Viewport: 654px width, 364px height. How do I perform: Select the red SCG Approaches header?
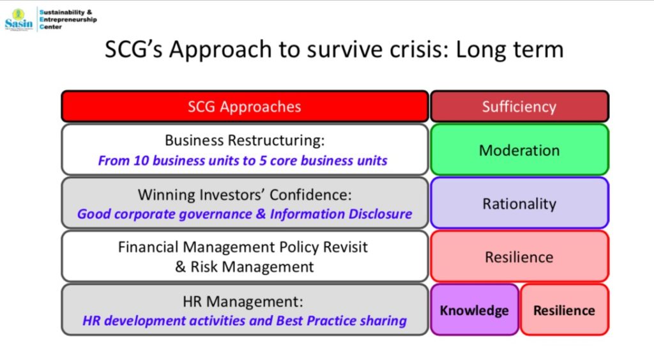click(245, 106)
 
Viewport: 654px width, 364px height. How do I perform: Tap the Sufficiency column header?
click(519, 106)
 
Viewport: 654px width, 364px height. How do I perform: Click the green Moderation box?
click(519, 149)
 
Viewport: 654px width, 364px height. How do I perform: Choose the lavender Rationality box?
click(519, 203)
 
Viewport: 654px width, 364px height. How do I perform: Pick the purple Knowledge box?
click(475, 310)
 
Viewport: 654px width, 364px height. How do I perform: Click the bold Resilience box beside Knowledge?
click(565, 310)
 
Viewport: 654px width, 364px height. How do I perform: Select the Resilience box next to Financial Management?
click(519, 257)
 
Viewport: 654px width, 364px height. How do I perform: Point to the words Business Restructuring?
click(245, 140)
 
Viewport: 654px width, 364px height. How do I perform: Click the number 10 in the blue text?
click(141, 160)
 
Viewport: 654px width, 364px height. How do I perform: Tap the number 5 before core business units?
click(262, 160)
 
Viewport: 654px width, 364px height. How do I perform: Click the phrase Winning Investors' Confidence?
click(245, 195)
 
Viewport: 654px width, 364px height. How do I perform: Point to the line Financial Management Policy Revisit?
click(243, 247)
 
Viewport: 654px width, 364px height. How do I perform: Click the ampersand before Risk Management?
click(181, 267)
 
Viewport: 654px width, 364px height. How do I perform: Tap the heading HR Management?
click(243, 301)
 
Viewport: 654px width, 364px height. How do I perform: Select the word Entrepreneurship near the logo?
click(68, 20)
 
